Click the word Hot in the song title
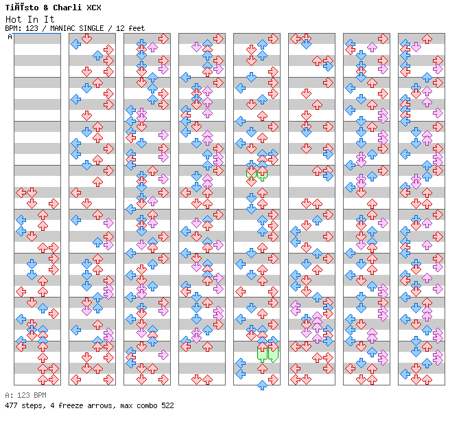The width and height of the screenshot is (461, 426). [x=12, y=19]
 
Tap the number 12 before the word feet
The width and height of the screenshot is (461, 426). [x=122, y=28]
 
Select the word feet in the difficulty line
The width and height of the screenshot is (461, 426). [x=137, y=28]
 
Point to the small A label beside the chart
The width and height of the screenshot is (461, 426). [x=10, y=36]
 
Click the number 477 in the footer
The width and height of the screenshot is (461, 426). [x=11, y=406]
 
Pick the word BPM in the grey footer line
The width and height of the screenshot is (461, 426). [x=38, y=396]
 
